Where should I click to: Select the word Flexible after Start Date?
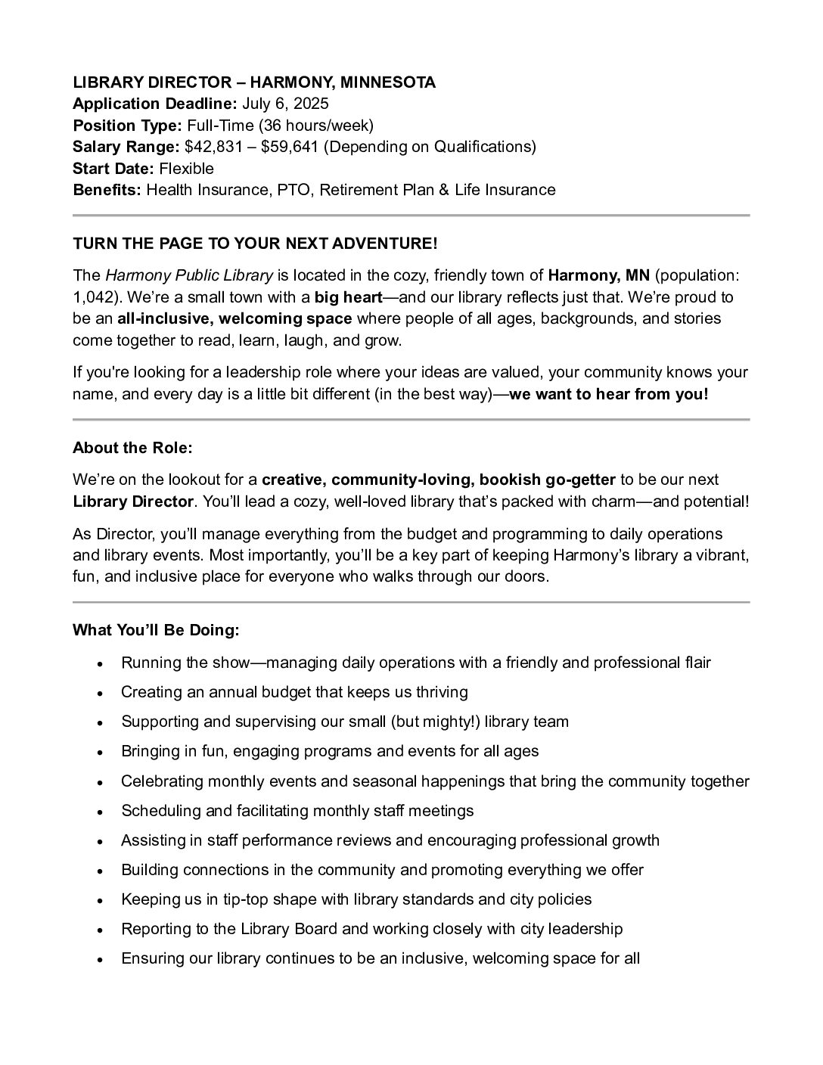(x=186, y=168)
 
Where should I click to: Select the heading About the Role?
(x=132, y=448)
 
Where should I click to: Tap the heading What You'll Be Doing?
(x=156, y=630)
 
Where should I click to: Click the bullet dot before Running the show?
(x=100, y=664)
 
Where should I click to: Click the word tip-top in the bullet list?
(x=247, y=899)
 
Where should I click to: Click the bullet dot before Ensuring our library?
(x=100, y=960)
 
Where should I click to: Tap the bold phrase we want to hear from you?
(x=609, y=394)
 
